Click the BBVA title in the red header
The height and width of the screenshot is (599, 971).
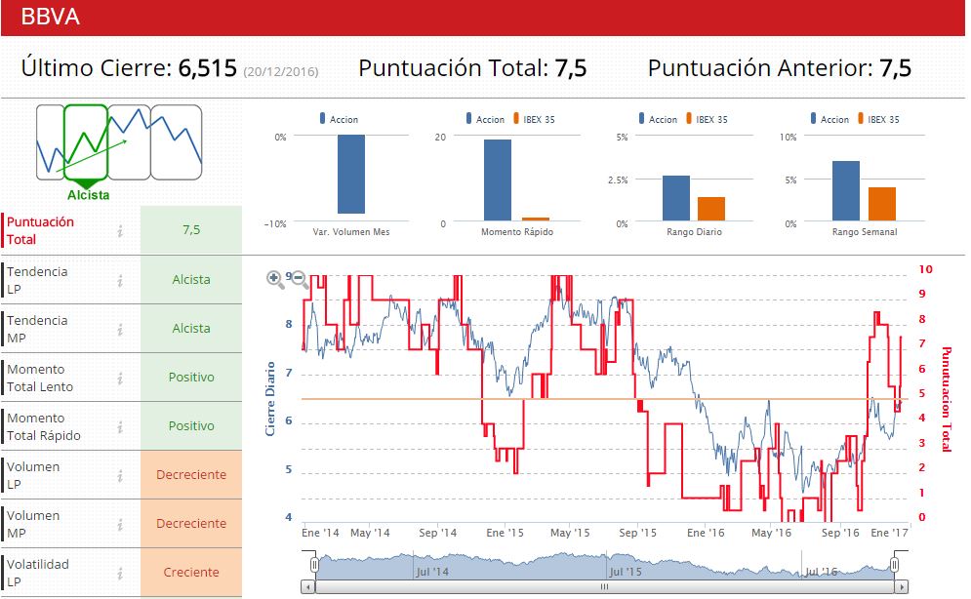point(50,17)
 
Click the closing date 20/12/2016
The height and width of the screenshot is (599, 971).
point(281,71)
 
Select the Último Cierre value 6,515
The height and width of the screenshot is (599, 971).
point(207,68)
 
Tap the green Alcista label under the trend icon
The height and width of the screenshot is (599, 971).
point(88,195)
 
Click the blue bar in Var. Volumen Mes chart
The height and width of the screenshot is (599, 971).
point(351,174)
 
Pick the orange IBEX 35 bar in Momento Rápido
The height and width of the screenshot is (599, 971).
point(536,219)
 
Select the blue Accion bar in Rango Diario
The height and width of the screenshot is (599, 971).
point(676,198)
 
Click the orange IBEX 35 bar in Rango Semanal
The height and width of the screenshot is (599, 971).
point(882,204)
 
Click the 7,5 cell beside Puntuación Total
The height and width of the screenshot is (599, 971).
point(191,230)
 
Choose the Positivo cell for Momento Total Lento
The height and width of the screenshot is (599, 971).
point(191,378)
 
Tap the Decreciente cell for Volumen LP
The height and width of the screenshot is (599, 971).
point(191,475)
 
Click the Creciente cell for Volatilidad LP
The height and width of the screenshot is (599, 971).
point(191,573)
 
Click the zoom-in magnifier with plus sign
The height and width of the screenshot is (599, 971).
point(276,279)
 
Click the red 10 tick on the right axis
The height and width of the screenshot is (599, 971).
point(926,269)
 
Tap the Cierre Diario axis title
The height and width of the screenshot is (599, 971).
point(271,399)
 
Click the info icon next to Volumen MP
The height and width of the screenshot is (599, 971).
point(120,525)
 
